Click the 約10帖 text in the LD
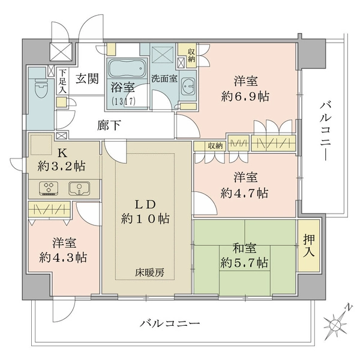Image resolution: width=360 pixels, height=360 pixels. (x=147, y=219)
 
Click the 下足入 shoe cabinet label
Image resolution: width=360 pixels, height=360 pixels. (x=62, y=80)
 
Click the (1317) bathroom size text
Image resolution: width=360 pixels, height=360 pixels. (x=124, y=102)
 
